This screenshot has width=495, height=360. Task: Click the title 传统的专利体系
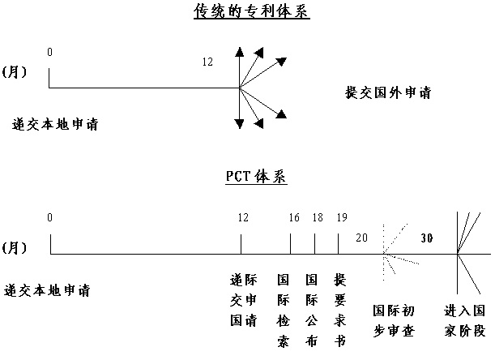(252, 11)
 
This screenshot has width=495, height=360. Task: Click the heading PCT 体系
(256, 177)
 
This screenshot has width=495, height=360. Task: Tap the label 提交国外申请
(388, 93)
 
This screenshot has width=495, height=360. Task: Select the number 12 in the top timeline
(207, 62)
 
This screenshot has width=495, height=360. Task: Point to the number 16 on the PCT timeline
(294, 217)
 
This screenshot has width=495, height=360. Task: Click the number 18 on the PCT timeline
(318, 217)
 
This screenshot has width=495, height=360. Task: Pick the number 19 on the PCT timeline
(342, 217)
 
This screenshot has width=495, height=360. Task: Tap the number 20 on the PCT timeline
(362, 238)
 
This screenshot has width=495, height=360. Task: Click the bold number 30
(426, 238)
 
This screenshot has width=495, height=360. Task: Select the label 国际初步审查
(394, 321)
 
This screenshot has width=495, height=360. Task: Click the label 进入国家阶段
(465, 321)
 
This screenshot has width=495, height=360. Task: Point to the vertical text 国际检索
(283, 311)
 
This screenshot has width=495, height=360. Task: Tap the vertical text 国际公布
(311, 311)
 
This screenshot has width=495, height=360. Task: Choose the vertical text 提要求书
(339, 311)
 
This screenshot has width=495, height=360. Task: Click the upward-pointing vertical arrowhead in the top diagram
(240, 52)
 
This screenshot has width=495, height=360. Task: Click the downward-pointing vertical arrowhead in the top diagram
(240, 124)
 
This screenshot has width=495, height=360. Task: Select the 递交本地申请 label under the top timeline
(55, 124)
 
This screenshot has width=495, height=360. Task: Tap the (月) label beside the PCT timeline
(15, 247)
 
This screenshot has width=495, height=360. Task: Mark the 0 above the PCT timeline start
(49, 217)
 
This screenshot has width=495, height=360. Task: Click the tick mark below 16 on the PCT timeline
(290, 244)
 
